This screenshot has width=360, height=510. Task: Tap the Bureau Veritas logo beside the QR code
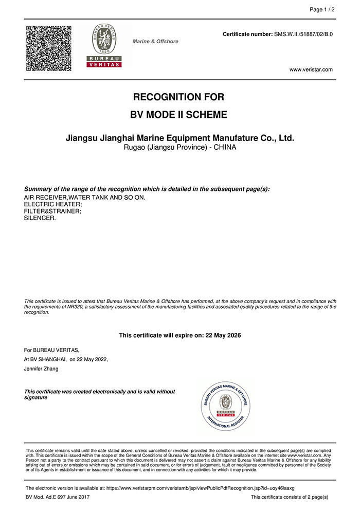[x=104, y=46]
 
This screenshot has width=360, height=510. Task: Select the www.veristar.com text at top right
[x=311, y=69]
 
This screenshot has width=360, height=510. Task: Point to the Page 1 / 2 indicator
[x=322, y=10]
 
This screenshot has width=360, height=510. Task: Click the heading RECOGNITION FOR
[x=179, y=97]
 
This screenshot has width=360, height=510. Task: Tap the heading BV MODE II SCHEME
[x=179, y=115]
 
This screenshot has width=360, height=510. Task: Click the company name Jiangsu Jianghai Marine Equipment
[x=180, y=138]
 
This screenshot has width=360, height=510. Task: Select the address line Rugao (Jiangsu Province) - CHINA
[x=180, y=148]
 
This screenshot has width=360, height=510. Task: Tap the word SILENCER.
[x=40, y=218]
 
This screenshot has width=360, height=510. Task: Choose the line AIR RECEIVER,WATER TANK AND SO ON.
[x=85, y=198]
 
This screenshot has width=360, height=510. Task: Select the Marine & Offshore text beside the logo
[x=155, y=41]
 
